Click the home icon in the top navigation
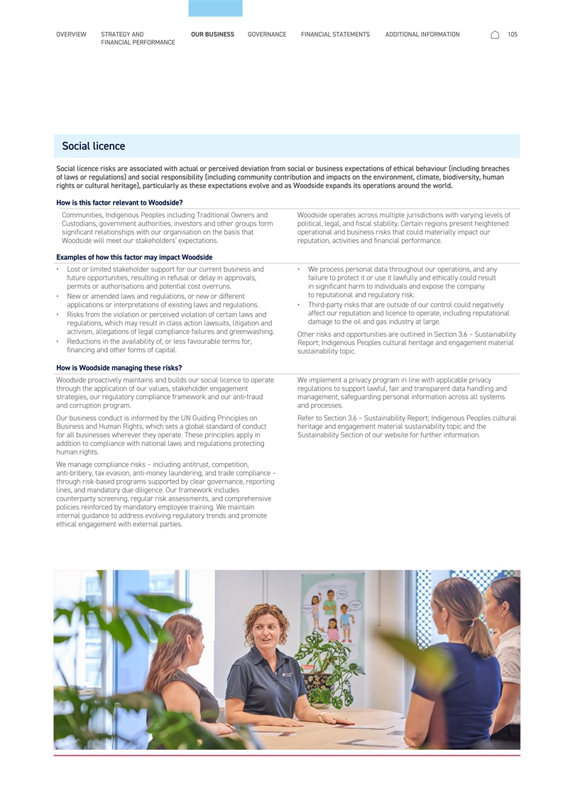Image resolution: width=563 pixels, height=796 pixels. coord(495,35)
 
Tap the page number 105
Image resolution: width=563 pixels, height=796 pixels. coord(513,35)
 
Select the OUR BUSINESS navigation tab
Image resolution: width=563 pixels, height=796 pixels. coord(212,35)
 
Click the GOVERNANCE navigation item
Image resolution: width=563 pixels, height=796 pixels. coord(267,35)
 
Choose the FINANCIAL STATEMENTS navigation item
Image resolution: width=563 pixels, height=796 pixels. coord(335,35)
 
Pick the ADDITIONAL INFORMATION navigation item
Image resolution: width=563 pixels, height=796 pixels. coord(422,35)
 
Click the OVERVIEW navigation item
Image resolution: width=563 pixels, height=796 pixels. coord(71,35)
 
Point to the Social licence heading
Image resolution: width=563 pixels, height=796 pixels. coord(93,146)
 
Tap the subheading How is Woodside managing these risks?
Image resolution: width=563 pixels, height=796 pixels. coord(119,368)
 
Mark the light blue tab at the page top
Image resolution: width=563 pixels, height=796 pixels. coord(215,8)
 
